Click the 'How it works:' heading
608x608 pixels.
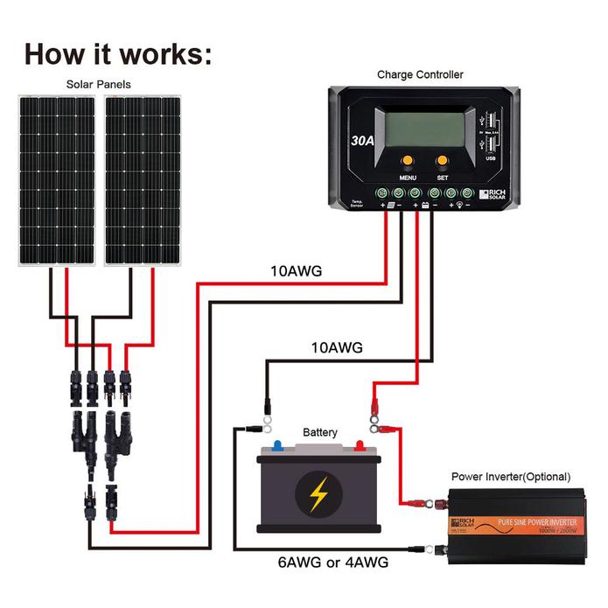[x=118, y=52]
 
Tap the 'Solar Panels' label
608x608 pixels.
[x=99, y=85]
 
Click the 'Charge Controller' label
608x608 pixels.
[x=420, y=75]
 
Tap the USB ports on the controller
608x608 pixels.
[x=488, y=131]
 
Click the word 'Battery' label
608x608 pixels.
[x=319, y=433]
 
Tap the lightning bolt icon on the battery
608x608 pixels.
[x=318, y=494]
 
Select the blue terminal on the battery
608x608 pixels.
[x=277, y=445]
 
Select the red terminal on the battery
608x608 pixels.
[x=359, y=445]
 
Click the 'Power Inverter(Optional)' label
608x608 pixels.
[x=510, y=477]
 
